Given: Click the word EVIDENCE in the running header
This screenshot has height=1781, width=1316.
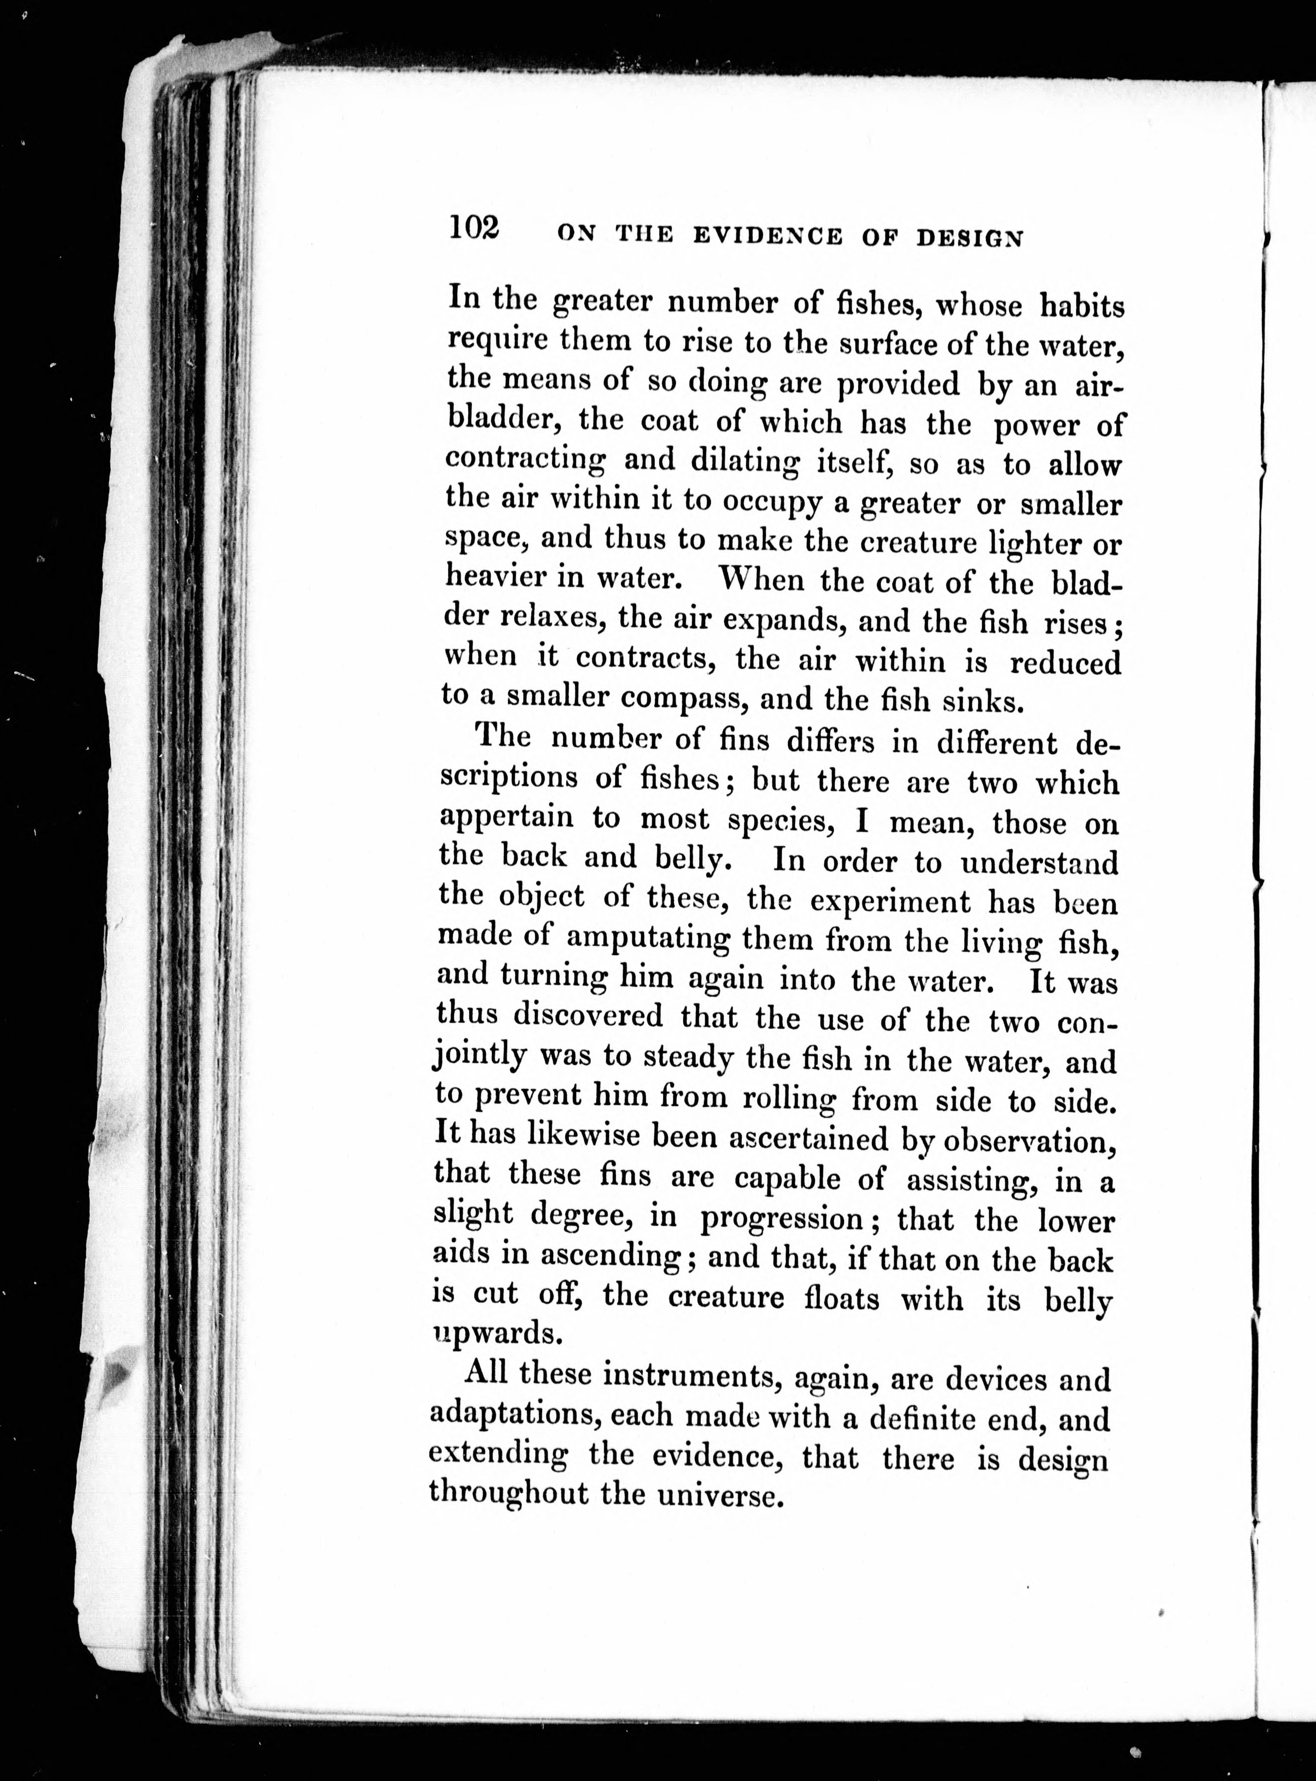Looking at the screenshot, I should click(x=767, y=237).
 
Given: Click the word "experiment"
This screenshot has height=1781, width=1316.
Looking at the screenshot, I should click(x=890, y=901).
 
